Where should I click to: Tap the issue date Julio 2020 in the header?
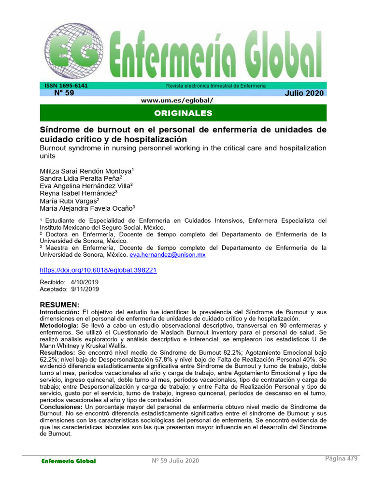pos(304,93)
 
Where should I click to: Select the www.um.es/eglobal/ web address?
pos(177,101)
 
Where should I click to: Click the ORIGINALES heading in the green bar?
pos(183,113)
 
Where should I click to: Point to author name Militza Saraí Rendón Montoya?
pos(85,171)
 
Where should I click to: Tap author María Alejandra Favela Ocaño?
pos(86,208)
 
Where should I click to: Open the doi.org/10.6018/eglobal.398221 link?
pos(98,270)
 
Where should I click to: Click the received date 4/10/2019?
pos(85,282)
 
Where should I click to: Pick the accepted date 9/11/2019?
pos(85,289)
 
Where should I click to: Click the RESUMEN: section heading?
pos(59,305)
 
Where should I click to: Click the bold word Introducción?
pos(59,313)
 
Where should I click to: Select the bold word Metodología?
pos(59,326)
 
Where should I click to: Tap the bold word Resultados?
pos(58,353)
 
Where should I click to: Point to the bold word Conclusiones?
pos(62,407)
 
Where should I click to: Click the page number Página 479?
pos(341,459)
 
